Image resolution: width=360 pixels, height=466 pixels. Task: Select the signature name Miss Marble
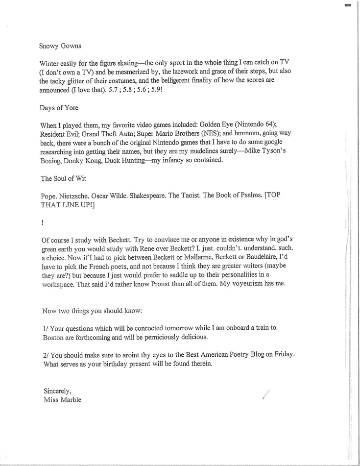62,399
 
